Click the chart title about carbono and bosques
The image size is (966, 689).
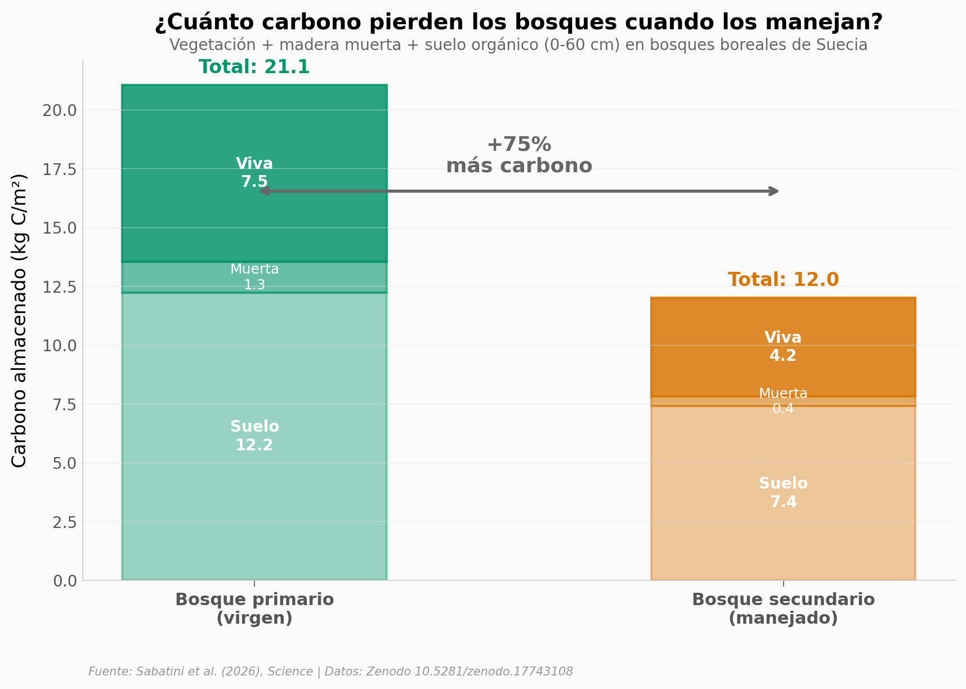(x=518, y=23)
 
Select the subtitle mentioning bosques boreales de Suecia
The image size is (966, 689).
(x=518, y=45)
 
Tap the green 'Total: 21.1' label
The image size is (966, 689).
(x=254, y=67)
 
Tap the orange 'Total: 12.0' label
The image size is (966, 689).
(x=783, y=280)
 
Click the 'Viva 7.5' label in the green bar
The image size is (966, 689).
(x=254, y=173)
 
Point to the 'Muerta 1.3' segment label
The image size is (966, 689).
(x=254, y=277)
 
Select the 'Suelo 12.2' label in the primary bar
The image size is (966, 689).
(x=254, y=436)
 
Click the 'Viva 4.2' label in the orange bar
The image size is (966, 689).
(x=783, y=347)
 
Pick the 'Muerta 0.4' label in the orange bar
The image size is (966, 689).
(x=783, y=401)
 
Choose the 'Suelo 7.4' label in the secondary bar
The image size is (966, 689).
(x=783, y=493)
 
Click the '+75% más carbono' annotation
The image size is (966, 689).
(x=518, y=155)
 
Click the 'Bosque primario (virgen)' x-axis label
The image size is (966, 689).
(x=254, y=609)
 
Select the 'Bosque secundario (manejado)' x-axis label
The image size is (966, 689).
(x=783, y=609)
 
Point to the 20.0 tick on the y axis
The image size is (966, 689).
(x=60, y=110)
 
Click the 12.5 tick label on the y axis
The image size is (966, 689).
(x=60, y=287)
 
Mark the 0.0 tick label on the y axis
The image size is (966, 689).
(x=65, y=581)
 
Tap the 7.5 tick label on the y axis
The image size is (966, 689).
(x=65, y=405)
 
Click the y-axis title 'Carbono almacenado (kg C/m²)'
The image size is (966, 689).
(x=19, y=320)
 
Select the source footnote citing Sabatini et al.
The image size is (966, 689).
(x=330, y=672)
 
